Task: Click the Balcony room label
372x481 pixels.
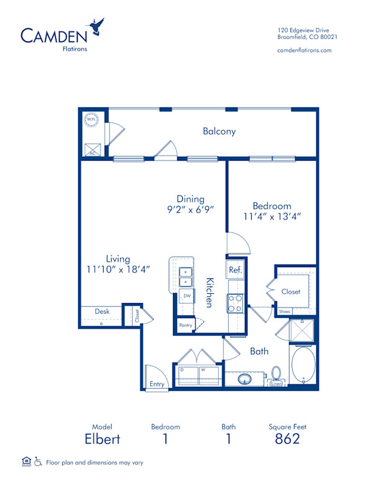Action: coord(219,131)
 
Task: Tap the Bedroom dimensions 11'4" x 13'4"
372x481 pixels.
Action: coord(272,217)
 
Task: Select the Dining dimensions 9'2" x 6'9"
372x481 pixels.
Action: coord(190,210)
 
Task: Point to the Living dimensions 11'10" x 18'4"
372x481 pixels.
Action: coord(118,270)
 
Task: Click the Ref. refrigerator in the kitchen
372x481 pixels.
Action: coord(235,270)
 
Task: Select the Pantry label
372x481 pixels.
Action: coord(185,324)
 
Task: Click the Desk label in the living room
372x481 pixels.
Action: coord(102,311)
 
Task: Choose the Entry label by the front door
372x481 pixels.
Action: coord(157,384)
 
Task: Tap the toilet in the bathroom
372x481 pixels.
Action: coord(277,374)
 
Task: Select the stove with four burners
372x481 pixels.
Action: coord(236,302)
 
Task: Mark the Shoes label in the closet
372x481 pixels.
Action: coord(285,311)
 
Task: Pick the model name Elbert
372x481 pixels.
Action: coord(102,439)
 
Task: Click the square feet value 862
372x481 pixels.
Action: coord(288,439)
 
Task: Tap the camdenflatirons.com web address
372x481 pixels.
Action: coord(304,50)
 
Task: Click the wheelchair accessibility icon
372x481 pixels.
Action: coord(38,461)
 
